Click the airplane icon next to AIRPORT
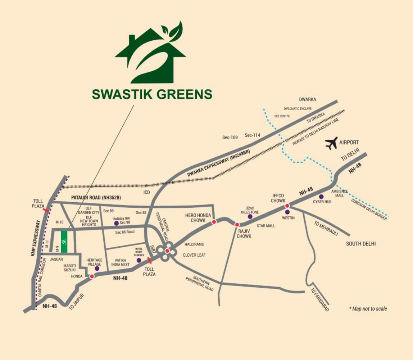click(331, 143)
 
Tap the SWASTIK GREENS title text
click(152, 94)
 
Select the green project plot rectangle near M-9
click(64, 242)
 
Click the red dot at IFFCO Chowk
click(287, 206)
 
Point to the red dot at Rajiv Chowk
click(237, 225)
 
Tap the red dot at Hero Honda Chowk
click(214, 222)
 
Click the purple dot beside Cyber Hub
click(321, 197)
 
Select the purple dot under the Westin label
click(287, 212)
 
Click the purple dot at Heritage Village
click(97, 268)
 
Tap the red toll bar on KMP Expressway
click(46, 210)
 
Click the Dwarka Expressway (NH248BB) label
click(218, 163)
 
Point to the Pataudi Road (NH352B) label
click(96, 197)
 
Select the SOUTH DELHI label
click(361, 244)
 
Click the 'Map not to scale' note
click(368, 309)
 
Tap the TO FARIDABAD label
click(320, 300)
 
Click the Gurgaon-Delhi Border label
click(369, 209)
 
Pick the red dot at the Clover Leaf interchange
click(167, 251)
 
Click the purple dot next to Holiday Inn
click(116, 223)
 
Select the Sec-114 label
click(253, 135)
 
